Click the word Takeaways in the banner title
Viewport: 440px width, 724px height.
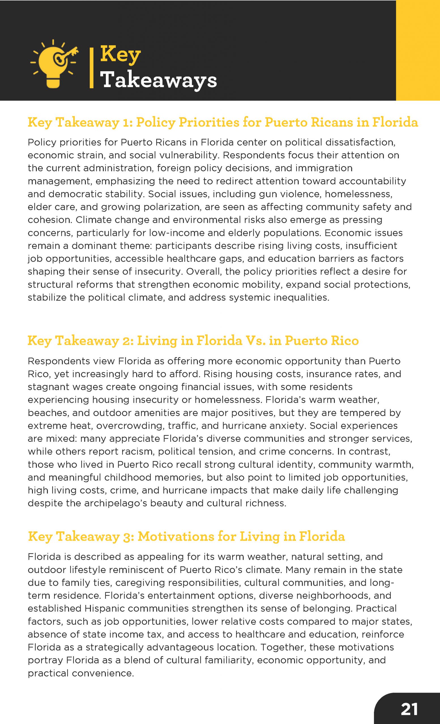[x=158, y=80]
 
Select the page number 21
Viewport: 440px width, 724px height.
[x=409, y=710]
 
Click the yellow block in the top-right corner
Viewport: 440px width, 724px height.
[x=418, y=50]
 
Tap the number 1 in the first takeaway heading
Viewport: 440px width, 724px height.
[x=126, y=122]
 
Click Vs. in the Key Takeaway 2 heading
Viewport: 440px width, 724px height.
[x=256, y=341]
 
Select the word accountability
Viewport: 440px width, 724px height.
[x=372, y=181]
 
